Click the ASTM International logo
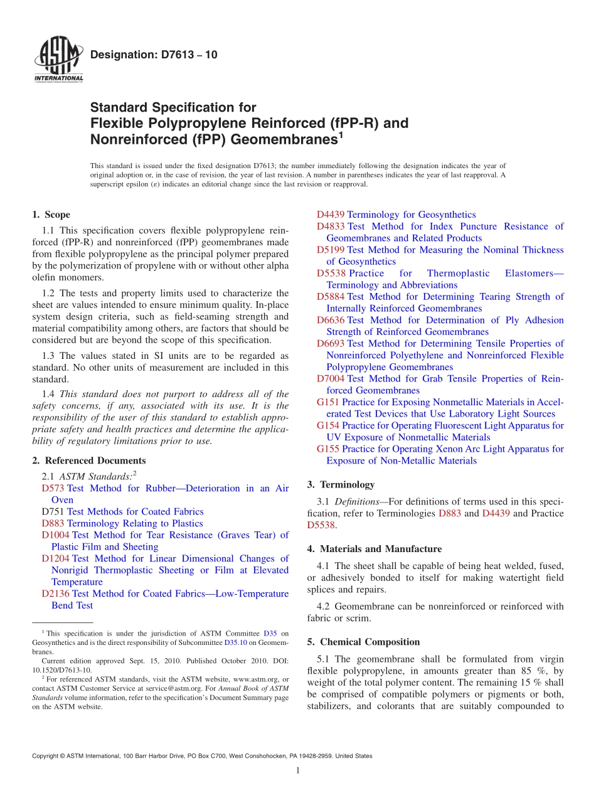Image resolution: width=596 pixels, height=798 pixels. click(58, 60)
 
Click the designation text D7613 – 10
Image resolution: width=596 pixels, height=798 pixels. click(154, 55)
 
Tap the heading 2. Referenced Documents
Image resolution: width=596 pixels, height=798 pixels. click(88, 460)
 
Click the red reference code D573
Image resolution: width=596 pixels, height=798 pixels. click(53, 488)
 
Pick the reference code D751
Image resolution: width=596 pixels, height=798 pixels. click(53, 511)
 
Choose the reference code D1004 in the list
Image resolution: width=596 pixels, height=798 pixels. click(56, 535)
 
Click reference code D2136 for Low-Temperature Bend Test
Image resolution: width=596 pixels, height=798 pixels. click(56, 593)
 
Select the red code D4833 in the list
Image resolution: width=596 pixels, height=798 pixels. click(331, 226)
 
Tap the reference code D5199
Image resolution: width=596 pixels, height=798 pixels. click(331, 250)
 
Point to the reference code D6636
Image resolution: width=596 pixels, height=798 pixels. click(331, 320)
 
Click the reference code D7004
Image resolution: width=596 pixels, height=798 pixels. click(331, 378)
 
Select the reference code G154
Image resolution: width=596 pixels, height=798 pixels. click(328, 425)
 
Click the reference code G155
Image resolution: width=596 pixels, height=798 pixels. click(328, 449)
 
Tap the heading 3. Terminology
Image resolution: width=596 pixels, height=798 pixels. click(341, 484)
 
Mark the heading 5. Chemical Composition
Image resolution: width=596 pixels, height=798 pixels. click(363, 642)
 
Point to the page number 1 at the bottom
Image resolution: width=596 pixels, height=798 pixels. click(298, 770)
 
